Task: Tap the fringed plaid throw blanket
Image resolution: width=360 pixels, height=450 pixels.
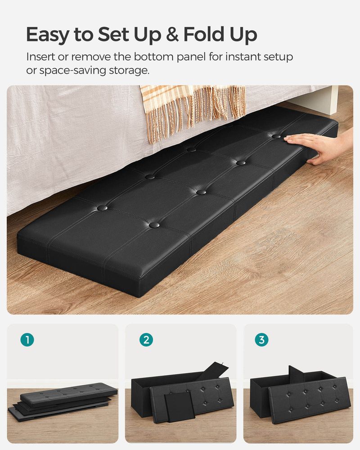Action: tap(193, 108)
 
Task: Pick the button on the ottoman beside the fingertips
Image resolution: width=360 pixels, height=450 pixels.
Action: tap(276, 136)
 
